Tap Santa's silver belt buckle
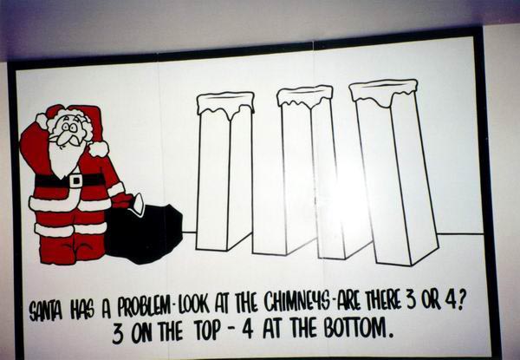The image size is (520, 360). click(x=76, y=180)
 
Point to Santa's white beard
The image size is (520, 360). click(x=65, y=157)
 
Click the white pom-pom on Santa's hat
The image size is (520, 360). click(x=99, y=148)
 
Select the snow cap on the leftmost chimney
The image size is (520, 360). click(x=225, y=104)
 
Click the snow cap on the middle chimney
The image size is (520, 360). click(x=305, y=95)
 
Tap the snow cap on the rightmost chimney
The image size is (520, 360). click(x=383, y=90)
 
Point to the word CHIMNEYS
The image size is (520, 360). click(x=296, y=303)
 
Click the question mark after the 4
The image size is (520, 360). click(x=458, y=300)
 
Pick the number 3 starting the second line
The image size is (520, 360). click(x=118, y=334)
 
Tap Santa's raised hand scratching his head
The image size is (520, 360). click(x=42, y=121)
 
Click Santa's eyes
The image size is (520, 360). click(x=70, y=127)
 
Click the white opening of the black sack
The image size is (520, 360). click(x=138, y=204)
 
